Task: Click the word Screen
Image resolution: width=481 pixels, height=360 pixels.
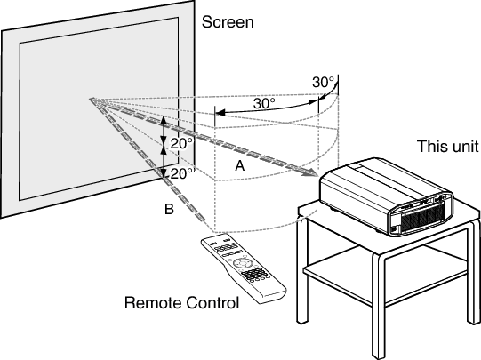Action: [x=228, y=20]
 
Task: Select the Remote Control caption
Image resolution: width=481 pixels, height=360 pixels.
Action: [x=181, y=304]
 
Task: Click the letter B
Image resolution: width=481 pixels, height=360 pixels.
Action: [x=169, y=210]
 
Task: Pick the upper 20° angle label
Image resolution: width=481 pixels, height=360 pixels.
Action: [x=181, y=141]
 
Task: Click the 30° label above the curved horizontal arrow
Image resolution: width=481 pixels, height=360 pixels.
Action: [x=264, y=103]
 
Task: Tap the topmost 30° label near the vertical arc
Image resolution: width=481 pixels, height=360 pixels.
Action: [x=324, y=82]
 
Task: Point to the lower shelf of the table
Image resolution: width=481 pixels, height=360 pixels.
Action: [x=391, y=267]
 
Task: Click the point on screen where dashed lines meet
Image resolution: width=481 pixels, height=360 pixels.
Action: [x=91, y=100]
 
